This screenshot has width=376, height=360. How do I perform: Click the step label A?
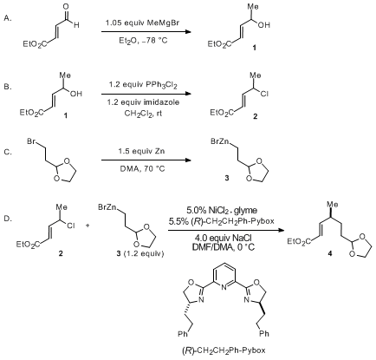(x=8, y=18)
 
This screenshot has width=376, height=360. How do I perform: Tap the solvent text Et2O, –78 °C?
(x=143, y=41)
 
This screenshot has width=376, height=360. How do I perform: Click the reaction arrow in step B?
(x=146, y=94)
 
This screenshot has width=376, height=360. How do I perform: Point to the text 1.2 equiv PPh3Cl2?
(x=143, y=85)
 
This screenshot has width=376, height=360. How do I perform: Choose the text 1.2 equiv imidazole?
(x=143, y=102)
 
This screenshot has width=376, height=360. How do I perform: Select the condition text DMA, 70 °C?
(x=143, y=168)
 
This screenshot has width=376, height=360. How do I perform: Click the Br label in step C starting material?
(x=31, y=141)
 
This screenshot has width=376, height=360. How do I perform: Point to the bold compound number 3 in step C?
(x=227, y=179)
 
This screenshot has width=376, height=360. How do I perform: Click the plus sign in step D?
(x=88, y=226)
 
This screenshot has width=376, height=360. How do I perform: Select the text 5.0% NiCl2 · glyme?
(x=222, y=211)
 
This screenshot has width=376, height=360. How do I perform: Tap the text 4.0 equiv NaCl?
(x=224, y=238)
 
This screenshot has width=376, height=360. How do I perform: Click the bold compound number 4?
(x=330, y=254)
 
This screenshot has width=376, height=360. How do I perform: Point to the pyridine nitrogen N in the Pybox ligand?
(x=224, y=288)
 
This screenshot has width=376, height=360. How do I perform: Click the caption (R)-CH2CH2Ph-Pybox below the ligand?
(x=224, y=350)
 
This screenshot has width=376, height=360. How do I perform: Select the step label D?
(x=8, y=219)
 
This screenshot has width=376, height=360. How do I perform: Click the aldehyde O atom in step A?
(x=67, y=7)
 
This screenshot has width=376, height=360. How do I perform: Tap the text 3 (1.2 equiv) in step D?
(x=139, y=254)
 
